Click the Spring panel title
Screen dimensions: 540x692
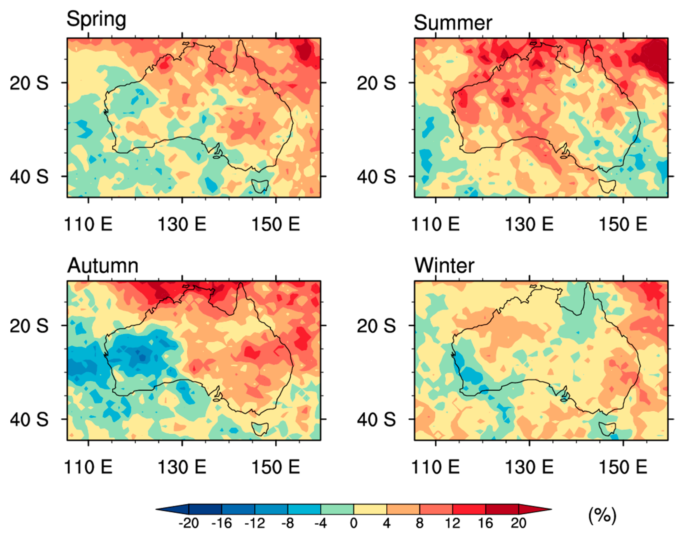pos(96,20)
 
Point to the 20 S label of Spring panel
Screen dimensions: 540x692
pos(29,83)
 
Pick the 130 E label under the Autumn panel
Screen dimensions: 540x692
pos(181,467)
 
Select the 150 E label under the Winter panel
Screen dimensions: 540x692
pos(623,467)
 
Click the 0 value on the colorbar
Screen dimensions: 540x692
pos(354,523)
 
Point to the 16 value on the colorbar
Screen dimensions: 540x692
pos(485,523)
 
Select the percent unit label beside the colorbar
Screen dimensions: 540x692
pos(602,515)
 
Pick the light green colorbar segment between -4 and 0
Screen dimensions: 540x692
pos(337,509)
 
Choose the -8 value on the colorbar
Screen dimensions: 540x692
pos(287,523)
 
